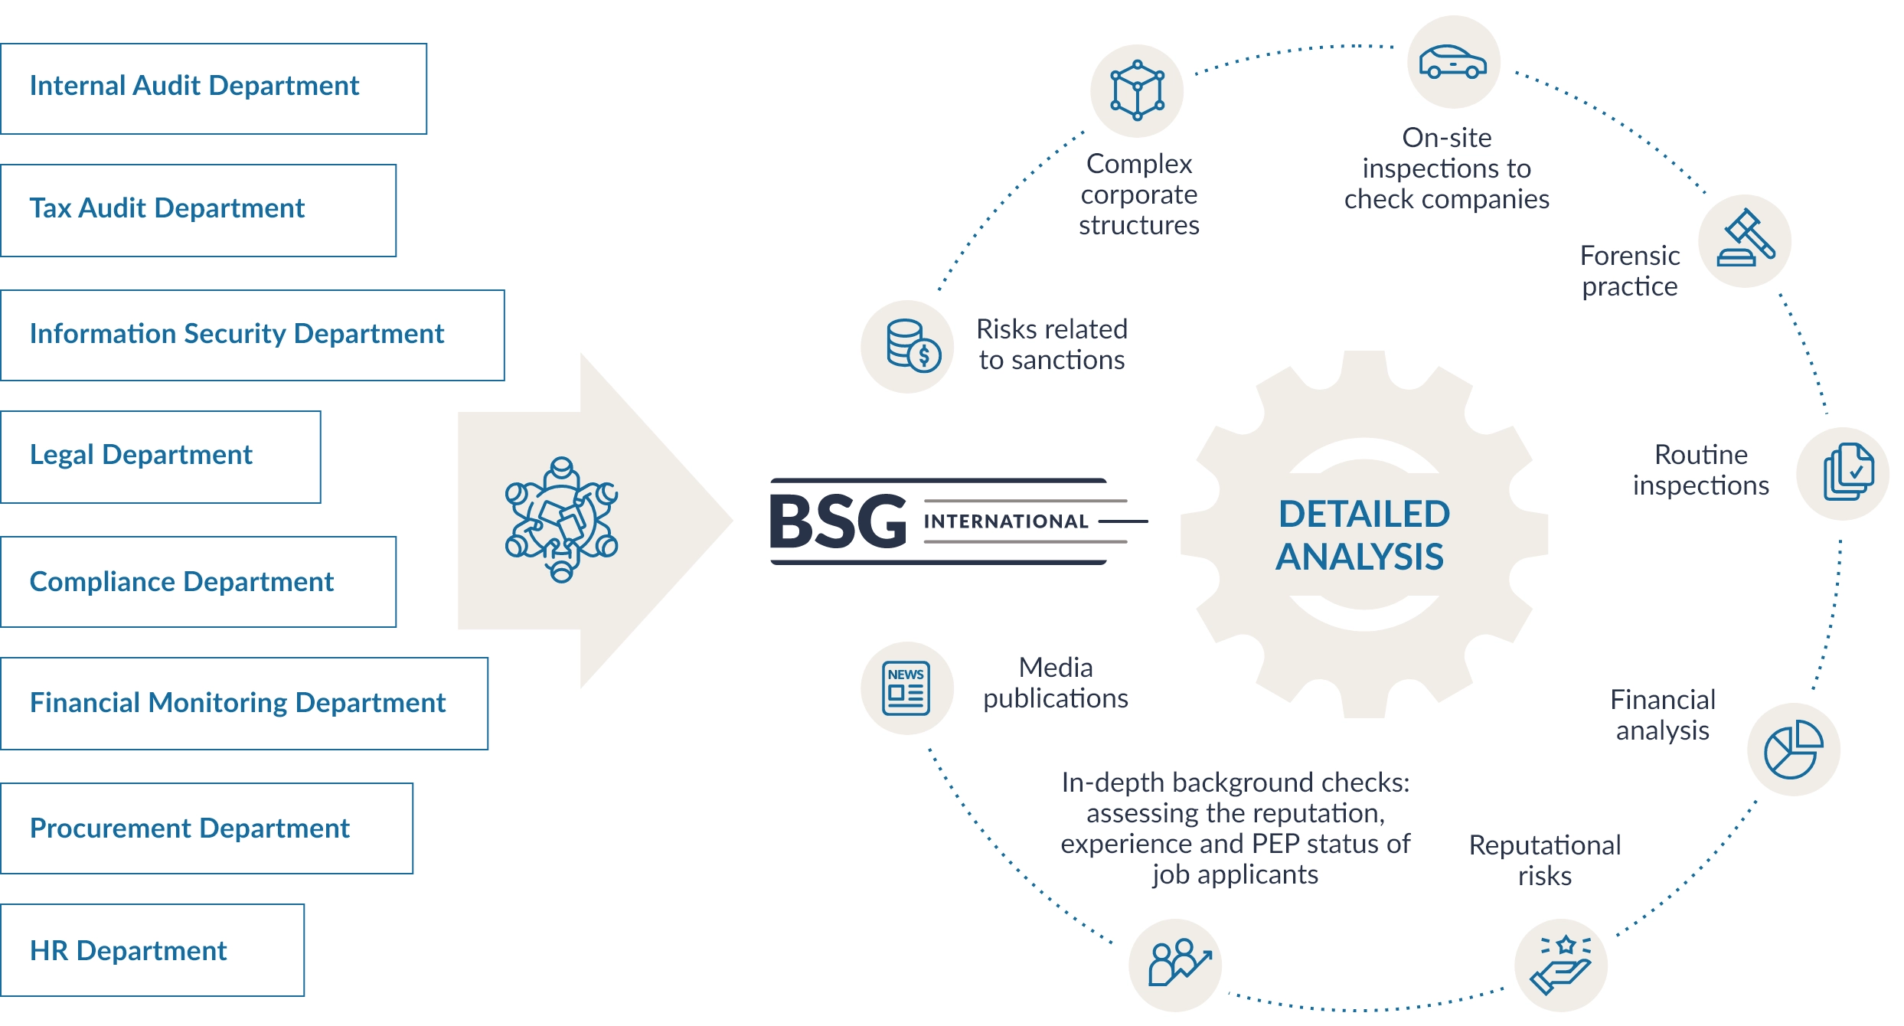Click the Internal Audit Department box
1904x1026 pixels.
213,88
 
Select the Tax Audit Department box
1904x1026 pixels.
198,210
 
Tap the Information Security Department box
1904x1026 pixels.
252,335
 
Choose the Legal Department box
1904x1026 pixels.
160,456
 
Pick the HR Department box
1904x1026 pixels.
152,949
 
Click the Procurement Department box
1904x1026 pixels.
206,828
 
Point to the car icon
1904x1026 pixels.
1452,62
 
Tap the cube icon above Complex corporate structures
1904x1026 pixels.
1137,90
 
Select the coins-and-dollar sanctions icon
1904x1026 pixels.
908,347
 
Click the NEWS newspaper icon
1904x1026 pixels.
906,688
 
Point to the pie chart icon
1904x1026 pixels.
1793,749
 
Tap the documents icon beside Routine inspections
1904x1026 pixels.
1847,473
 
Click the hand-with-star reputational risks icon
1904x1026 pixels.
1561,965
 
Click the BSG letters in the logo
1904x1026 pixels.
838,522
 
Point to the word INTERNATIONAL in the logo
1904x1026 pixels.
1006,521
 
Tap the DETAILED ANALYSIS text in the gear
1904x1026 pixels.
1363,535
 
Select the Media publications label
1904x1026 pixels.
1055,683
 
